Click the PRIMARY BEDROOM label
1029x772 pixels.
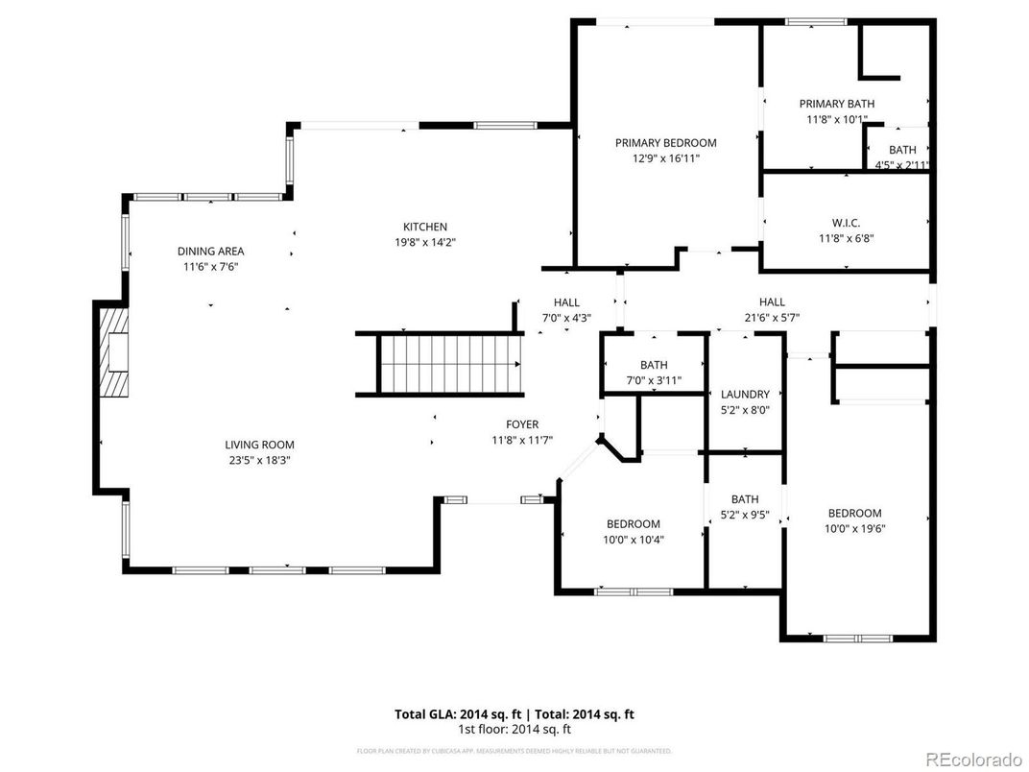[665, 143]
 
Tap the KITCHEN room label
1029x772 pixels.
[424, 228]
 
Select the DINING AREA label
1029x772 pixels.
[210, 252]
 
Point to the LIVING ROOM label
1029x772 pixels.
[259, 445]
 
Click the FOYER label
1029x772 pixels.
[522, 424]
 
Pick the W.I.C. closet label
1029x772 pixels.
[846, 223]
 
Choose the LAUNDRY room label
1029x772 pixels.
[745, 395]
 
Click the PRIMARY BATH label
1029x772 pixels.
[836, 104]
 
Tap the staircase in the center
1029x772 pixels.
[449, 364]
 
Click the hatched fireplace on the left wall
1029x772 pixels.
[114, 352]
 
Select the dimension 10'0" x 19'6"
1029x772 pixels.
[854, 528]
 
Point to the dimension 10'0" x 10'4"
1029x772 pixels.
[633, 539]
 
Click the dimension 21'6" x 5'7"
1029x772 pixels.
[772, 317]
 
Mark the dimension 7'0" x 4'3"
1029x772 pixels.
[565, 317]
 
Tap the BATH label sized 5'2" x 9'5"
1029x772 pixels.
[745, 499]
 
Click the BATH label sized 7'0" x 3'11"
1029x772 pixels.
[654, 365]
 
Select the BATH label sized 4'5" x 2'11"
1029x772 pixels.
[901, 150]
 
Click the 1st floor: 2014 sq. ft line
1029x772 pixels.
[514, 729]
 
